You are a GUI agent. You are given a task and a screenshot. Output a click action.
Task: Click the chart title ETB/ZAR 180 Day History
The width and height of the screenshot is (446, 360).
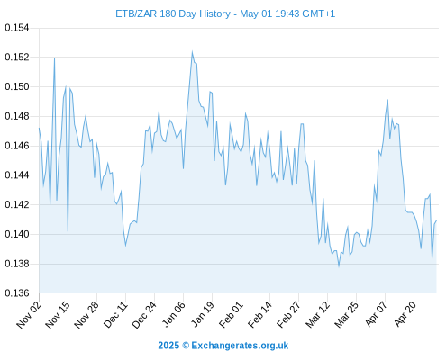click(x=173, y=13)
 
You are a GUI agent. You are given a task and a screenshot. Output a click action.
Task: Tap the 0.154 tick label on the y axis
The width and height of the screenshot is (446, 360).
click(x=17, y=28)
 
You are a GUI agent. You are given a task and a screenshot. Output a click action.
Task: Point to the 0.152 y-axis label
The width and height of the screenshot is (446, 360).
click(x=17, y=57)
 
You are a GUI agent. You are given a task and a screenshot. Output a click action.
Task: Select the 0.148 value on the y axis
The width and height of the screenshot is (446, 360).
click(x=17, y=116)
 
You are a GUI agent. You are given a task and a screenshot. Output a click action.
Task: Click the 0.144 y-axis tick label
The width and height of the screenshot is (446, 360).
click(x=17, y=175)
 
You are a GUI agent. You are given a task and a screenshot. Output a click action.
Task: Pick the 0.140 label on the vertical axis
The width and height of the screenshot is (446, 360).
click(x=17, y=234)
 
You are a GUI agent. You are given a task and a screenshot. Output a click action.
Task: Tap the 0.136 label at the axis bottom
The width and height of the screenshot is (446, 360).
click(x=17, y=292)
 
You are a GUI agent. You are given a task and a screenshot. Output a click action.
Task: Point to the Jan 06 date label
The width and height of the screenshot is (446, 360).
click(x=173, y=314)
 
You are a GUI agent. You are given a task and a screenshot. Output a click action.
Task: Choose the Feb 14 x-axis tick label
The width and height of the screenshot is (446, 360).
click(x=259, y=314)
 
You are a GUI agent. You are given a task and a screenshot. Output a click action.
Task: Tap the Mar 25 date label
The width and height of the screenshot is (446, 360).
click(x=346, y=314)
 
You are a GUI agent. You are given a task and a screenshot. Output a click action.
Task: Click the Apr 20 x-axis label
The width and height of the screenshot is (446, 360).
click(x=404, y=314)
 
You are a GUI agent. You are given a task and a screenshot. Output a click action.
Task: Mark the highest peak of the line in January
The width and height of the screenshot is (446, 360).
click(x=192, y=52)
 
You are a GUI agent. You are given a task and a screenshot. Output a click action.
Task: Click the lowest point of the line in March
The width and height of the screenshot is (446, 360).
click(x=339, y=266)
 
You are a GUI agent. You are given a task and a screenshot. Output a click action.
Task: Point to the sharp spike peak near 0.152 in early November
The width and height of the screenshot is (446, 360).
click(x=54, y=58)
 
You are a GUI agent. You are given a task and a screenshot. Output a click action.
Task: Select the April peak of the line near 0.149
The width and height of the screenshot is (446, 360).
click(x=387, y=100)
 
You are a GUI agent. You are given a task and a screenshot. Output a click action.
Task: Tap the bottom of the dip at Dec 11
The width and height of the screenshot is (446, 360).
click(x=125, y=246)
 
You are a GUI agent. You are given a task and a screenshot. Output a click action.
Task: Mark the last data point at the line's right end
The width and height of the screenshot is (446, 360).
click(x=436, y=220)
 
